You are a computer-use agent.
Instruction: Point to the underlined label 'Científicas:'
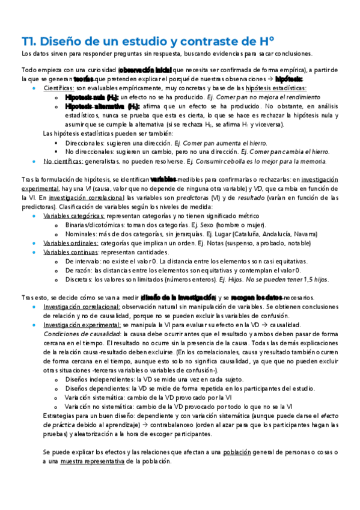click(59, 88)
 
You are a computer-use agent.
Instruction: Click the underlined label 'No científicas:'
click(64, 161)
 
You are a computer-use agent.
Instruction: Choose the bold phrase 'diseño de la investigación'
click(178, 298)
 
